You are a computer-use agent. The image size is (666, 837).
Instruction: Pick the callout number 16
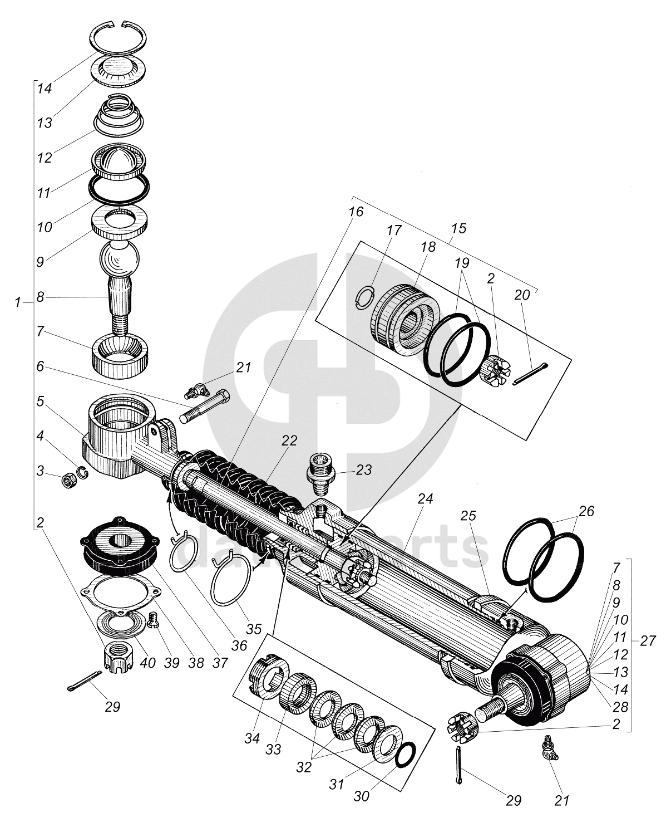point(356,212)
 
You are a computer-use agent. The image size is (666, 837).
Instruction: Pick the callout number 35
point(253,629)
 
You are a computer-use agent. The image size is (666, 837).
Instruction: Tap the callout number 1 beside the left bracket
point(18,302)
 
